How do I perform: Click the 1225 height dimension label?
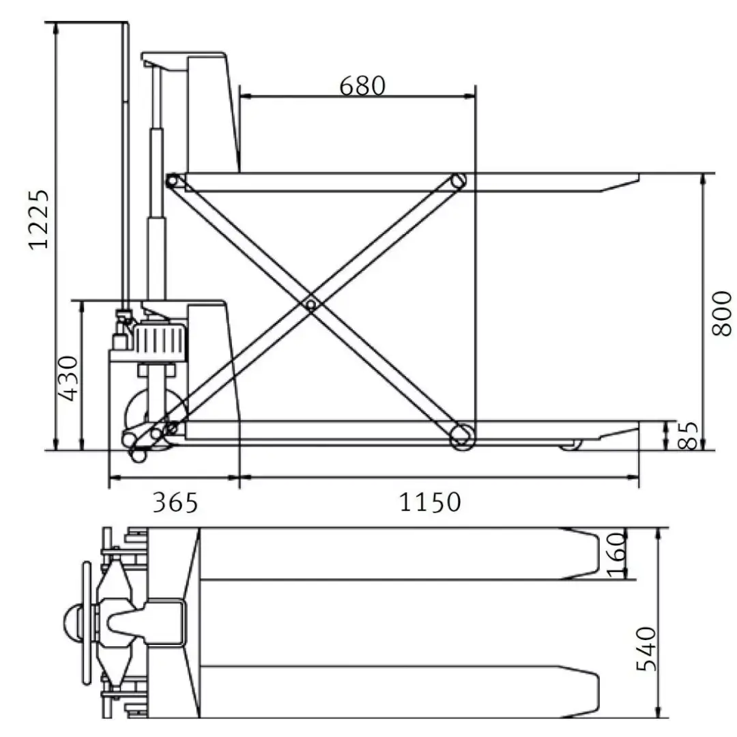point(39,220)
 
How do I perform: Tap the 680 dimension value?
point(362,86)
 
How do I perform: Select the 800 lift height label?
point(722,313)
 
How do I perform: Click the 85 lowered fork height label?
point(689,435)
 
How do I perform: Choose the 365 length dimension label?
point(175,502)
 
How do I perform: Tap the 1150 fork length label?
point(430,502)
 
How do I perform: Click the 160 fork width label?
point(617,555)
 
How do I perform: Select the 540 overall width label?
point(646,649)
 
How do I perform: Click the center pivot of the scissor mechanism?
point(310,305)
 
